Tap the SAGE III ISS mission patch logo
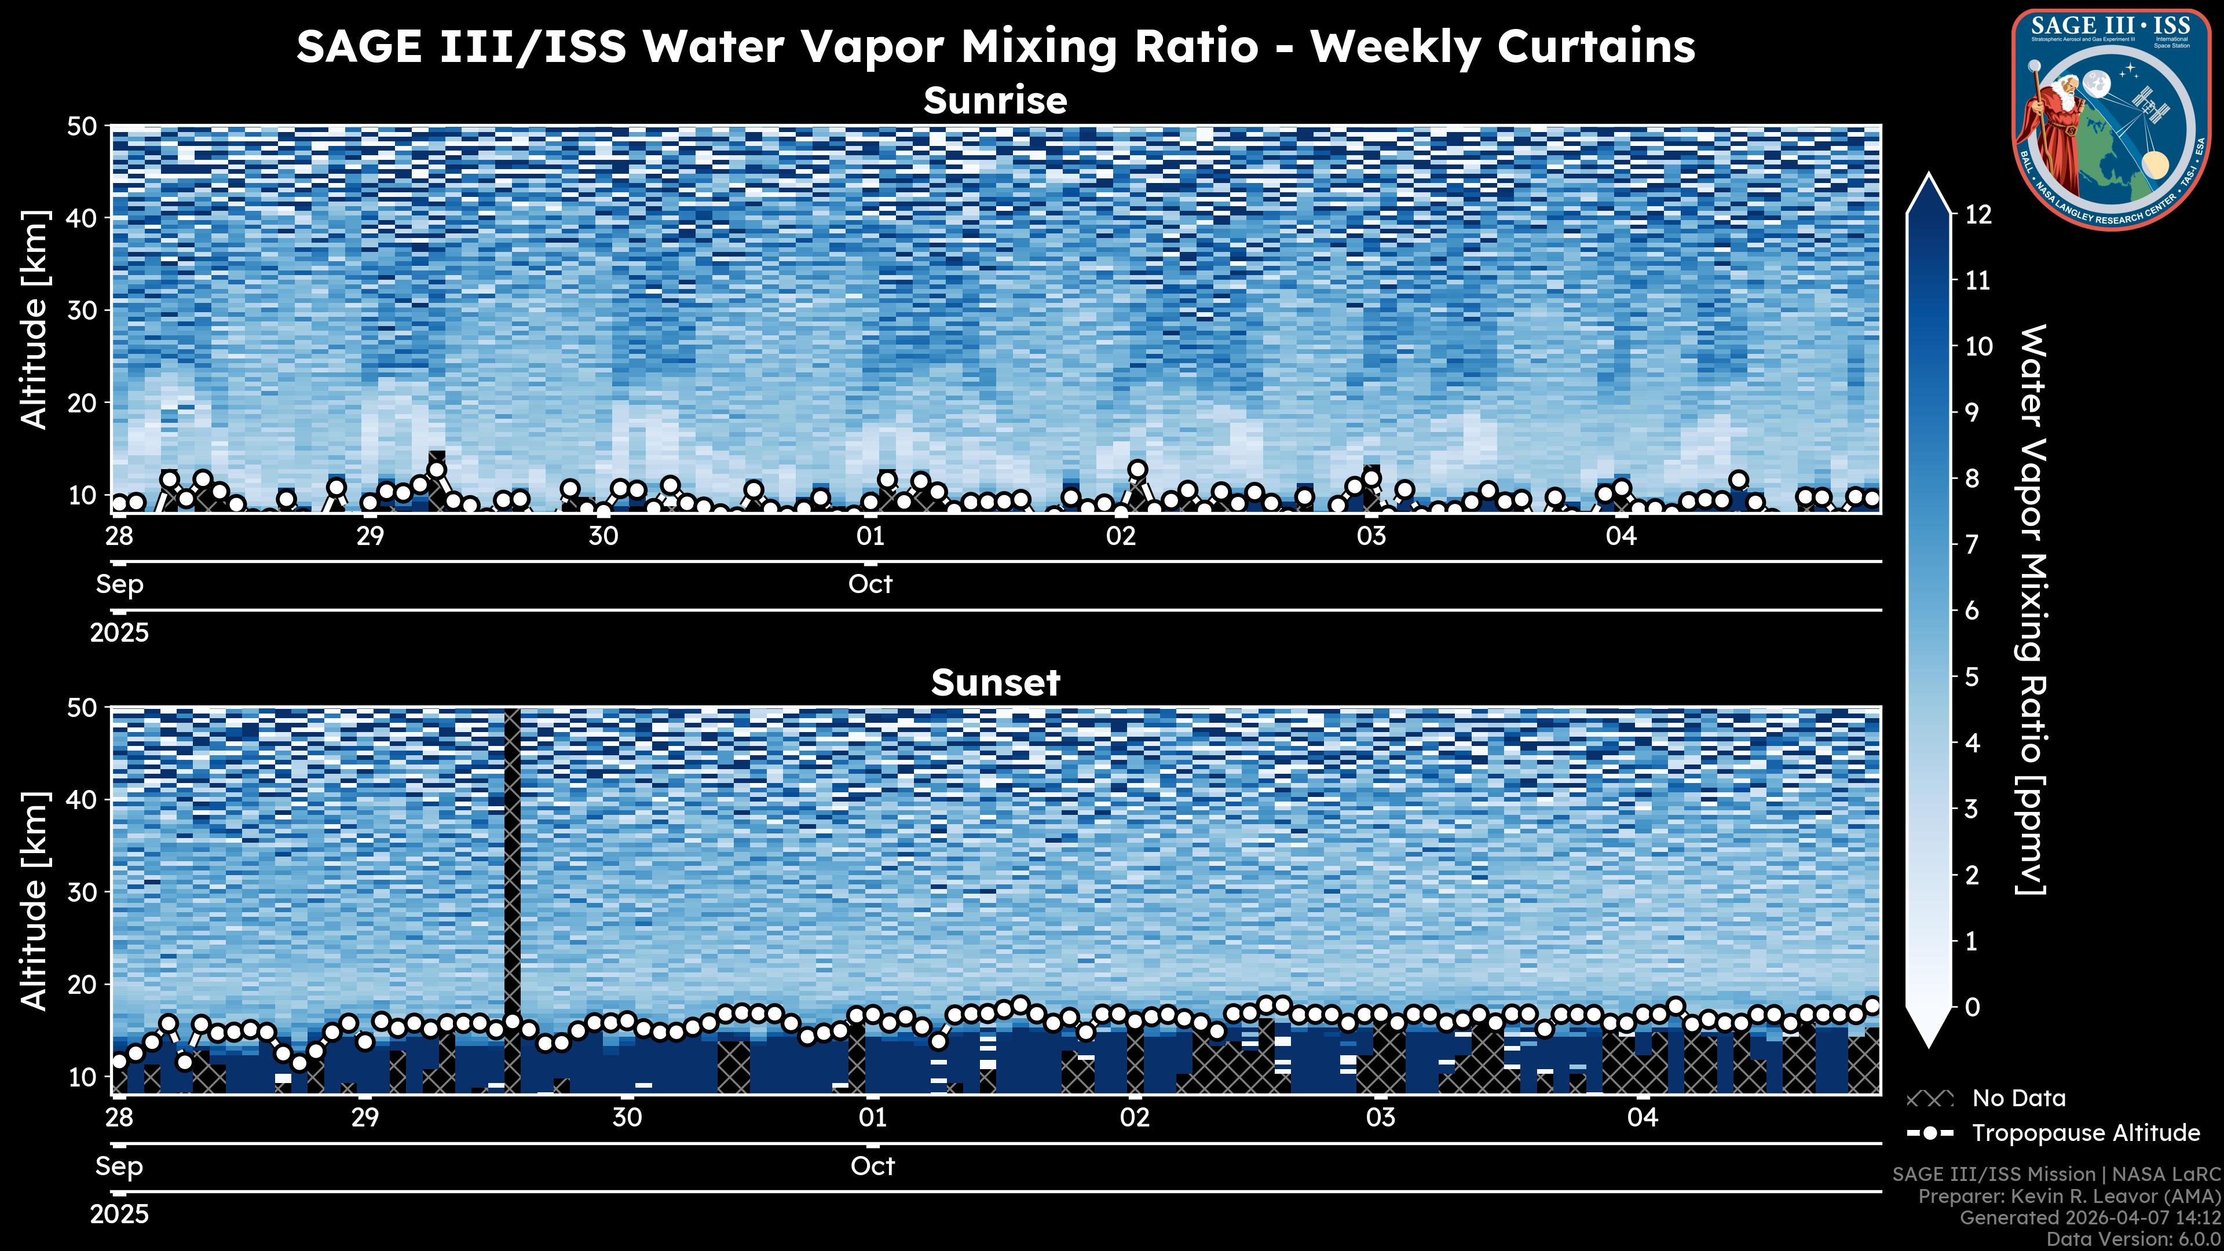(x=2110, y=119)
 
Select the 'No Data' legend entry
(x=2018, y=1098)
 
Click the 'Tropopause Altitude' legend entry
(x=2085, y=1133)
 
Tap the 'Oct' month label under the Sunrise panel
(x=870, y=584)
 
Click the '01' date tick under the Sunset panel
(x=872, y=1117)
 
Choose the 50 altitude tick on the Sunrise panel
(x=85, y=127)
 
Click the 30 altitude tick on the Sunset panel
(x=85, y=892)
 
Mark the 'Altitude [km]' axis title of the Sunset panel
(x=35, y=901)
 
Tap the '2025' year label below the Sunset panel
(x=119, y=1215)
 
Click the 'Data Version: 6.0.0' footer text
(x=2134, y=1240)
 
